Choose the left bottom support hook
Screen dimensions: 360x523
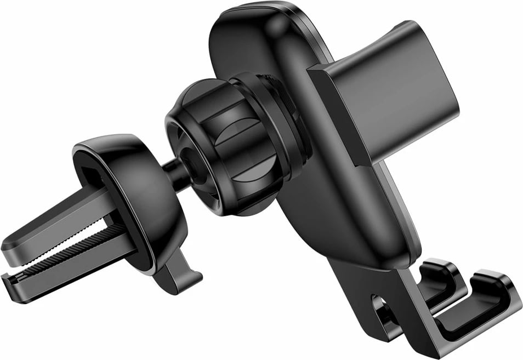click(439, 279)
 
